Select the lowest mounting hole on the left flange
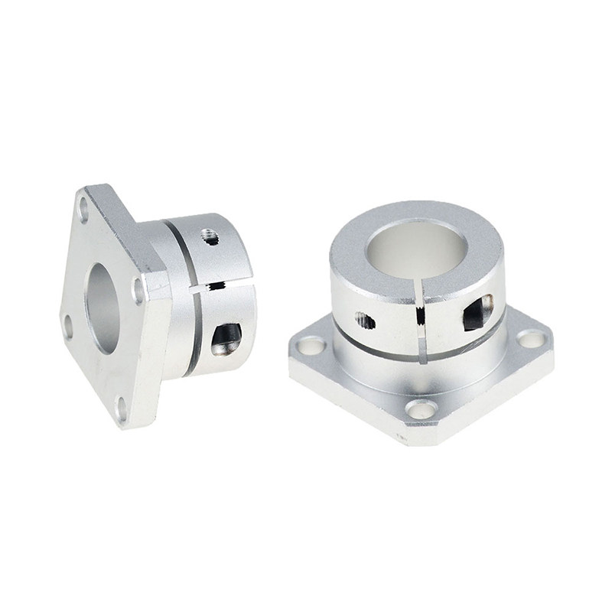(121, 409)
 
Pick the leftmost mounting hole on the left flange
(67, 325)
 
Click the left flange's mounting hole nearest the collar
(138, 291)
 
